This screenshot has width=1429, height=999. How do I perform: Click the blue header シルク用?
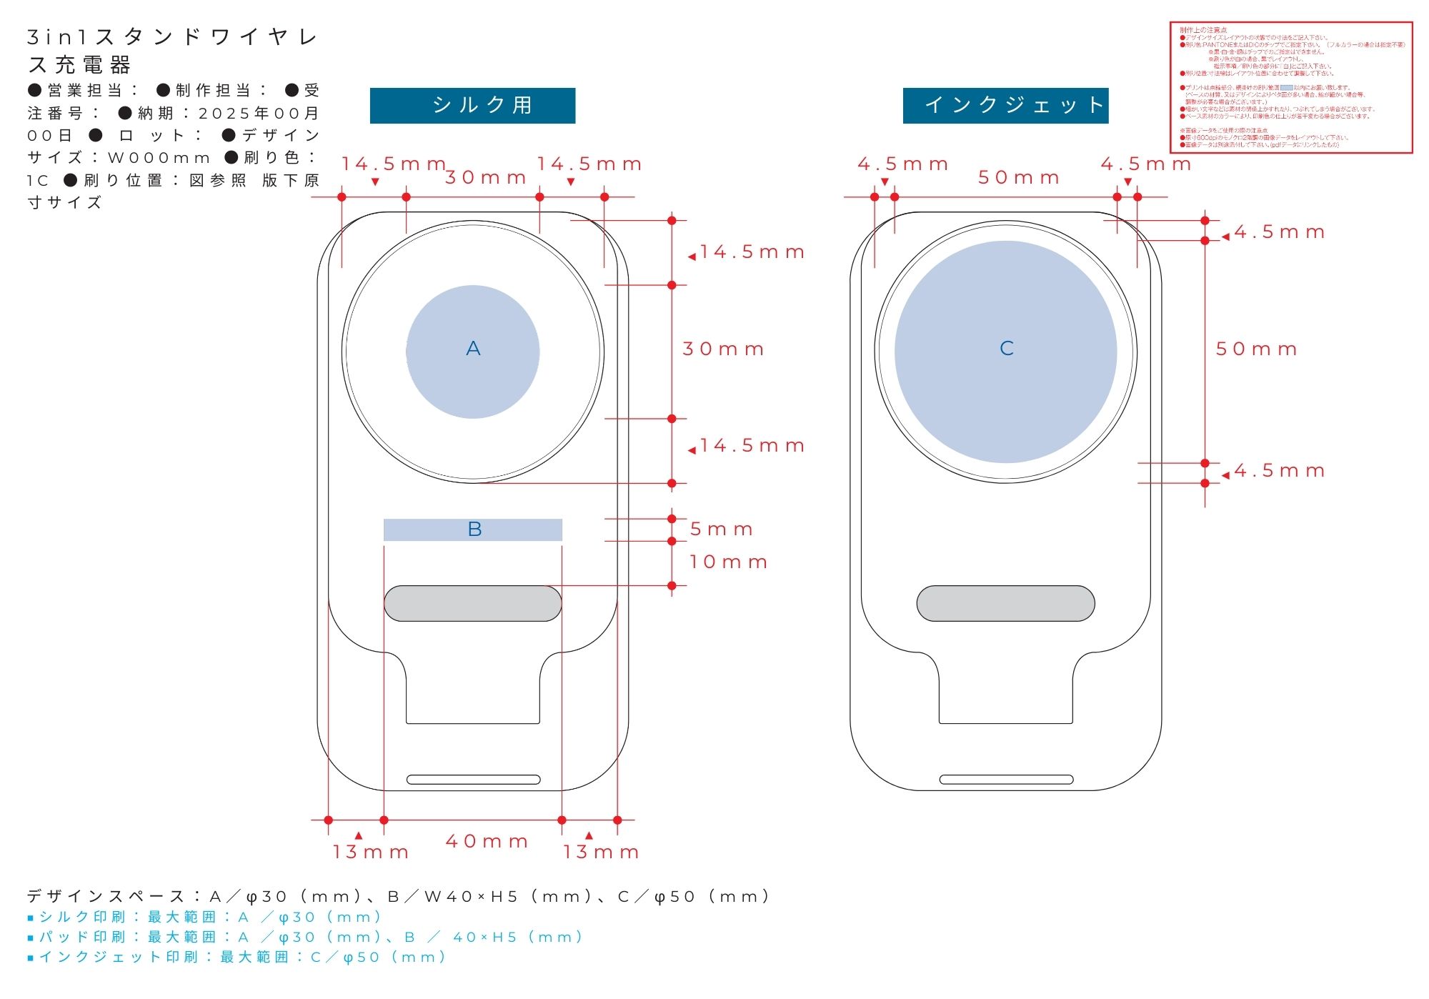click(472, 106)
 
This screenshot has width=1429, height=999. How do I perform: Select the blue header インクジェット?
click(1005, 106)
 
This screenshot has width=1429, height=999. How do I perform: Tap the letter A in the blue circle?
click(473, 349)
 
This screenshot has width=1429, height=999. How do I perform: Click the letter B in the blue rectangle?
click(474, 530)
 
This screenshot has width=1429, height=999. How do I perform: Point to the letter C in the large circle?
click(1006, 349)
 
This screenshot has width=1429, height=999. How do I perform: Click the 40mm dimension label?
click(487, 842)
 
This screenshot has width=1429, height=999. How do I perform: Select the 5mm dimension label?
click(721, 530)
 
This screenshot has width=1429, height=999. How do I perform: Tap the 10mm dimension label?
click(728, 562)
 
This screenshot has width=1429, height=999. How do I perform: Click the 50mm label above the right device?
click(1018, 178)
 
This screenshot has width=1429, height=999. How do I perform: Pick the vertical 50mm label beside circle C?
click(1256, 349)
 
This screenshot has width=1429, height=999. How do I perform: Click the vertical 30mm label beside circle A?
click(723, 349)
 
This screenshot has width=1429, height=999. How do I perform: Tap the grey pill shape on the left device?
click(472, 604)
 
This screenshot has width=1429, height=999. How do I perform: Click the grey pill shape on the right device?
click(1005, 604)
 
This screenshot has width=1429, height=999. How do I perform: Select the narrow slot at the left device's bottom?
click(473, 780)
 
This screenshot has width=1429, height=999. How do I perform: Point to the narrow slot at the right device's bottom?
click(1006, 780)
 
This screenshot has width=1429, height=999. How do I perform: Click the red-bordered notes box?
click(1291, 87)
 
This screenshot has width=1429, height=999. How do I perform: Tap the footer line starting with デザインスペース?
click(397, 897)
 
